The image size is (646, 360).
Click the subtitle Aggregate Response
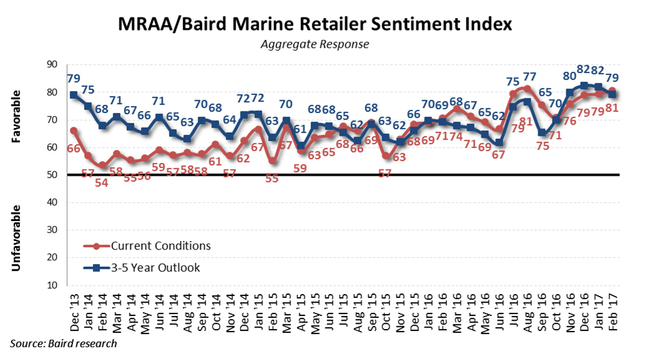315,45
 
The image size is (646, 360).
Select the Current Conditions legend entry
160,246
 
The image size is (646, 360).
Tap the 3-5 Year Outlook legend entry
157,267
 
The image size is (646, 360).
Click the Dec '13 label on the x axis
74,313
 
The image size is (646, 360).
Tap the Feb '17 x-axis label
612,313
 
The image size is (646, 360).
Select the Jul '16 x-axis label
513,313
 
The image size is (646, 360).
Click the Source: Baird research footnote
63,343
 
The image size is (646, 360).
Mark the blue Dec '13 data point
74,95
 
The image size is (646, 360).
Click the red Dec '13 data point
74,131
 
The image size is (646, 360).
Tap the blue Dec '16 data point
584,85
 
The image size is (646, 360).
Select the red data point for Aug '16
527,89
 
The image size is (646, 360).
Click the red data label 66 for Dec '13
75,149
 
